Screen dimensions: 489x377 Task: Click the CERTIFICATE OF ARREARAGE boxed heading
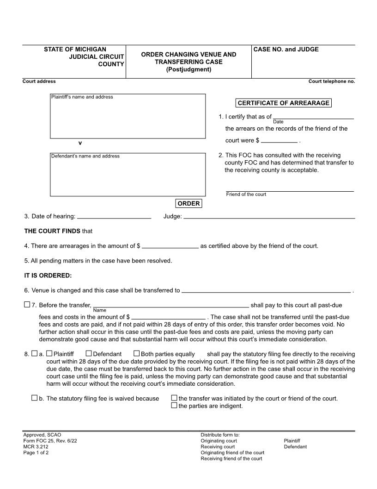[x=283, y=103]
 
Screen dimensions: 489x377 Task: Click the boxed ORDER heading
[x=188, y=204]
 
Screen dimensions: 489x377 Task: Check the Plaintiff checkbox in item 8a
[x=49, y=354]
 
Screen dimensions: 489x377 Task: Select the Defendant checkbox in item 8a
[x=89, y=354]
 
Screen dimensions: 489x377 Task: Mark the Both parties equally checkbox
[x=136, y=354]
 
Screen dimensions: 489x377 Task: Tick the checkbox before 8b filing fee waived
[x=35, y=398]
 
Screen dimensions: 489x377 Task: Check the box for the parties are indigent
[x=174, y=406]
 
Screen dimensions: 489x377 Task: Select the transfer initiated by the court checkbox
[x=174, y=398]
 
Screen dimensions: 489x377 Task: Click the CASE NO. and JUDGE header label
[x=286, y=50]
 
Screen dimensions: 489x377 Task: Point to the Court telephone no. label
[x=332, y=81]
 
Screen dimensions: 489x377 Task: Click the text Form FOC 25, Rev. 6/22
[x=50, y=441]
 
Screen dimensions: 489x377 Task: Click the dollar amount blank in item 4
[x=170, y=246]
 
